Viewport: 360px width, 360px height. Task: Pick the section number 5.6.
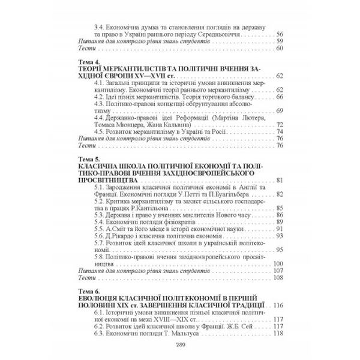(100, 236)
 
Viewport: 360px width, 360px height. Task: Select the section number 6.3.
(100, 334)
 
